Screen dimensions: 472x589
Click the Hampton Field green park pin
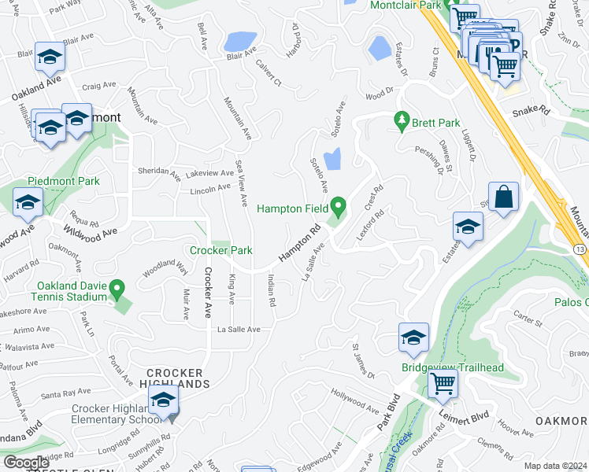[x=339, y=207]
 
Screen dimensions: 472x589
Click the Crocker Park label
[x=220, y=250]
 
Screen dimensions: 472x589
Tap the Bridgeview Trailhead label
[x=453, y=367]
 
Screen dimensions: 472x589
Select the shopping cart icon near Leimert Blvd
[x=443, y=385]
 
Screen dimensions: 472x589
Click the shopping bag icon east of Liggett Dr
[x=503, y=197]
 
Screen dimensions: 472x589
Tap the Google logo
[x=26, y=463]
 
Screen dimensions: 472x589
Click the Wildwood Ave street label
[x=91, y=232]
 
